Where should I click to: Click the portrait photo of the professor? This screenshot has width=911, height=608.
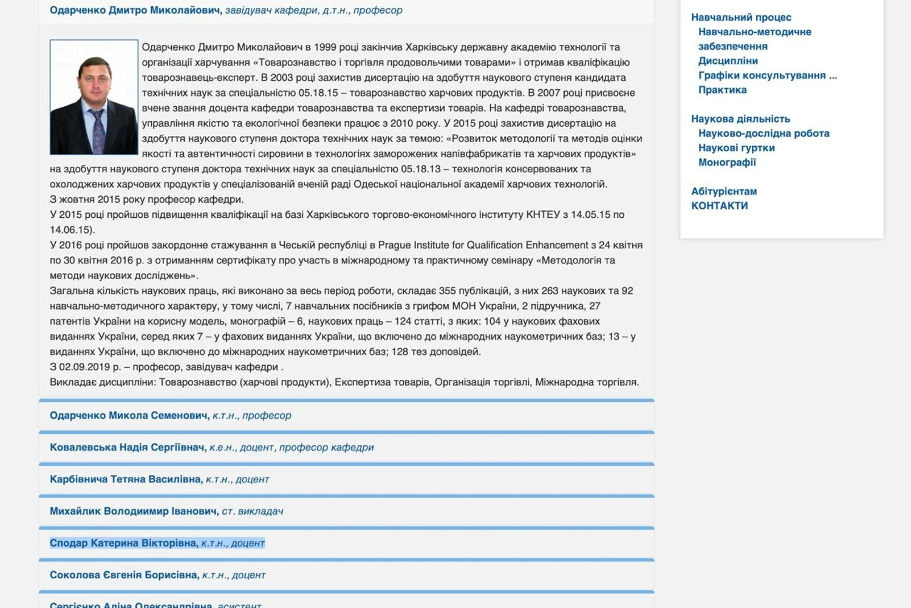[94, 97]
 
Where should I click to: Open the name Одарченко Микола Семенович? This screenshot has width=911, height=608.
[129, 416]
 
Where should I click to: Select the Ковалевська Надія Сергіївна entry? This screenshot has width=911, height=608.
[128, 448]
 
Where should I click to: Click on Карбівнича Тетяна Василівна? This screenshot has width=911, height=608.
[126, 479]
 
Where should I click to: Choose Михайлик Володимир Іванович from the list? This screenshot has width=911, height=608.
[134, 512]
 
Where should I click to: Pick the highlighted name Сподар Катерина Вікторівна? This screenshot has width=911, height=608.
[124, 543]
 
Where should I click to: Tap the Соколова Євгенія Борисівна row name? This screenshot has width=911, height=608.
[124, 575]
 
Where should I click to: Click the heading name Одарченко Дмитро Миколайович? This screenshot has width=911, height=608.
[135, 10]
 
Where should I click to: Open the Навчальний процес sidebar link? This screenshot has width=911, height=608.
[741, 18]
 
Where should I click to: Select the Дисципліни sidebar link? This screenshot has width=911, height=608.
[728, 61]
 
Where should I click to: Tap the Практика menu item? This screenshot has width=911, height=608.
[722, 90]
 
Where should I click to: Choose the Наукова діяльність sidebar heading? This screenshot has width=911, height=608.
[740, 119]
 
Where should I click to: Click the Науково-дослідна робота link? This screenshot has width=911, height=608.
[763, 133]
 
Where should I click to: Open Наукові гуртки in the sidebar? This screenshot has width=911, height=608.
[736, 148]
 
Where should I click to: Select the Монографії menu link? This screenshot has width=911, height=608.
[727, 163]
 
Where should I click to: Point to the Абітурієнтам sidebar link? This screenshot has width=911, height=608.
[724, 191]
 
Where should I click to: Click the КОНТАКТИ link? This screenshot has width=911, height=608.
[719, 206]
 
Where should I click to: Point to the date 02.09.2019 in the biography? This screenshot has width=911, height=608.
[84, 367]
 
